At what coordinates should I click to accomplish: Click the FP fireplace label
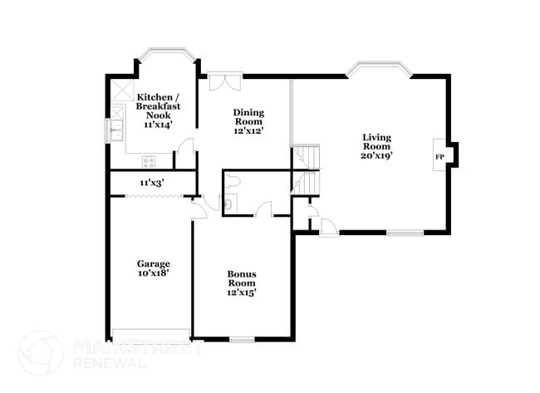[x=439, y=157]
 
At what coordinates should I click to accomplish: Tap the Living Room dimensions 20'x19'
[x=376, y=155]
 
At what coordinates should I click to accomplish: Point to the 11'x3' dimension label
[x=151, y=182]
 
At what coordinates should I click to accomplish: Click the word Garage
[x=154, y=263]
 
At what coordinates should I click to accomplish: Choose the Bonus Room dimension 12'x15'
[x=242, y=292]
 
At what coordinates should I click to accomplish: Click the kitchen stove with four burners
[x=149, y=163]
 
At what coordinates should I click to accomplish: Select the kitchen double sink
[x=115, y=130]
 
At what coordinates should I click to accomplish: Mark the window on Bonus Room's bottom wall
[x=242, y=339]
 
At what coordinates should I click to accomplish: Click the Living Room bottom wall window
[x=405, y=233]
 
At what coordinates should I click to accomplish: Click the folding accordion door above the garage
[x=151, y=196]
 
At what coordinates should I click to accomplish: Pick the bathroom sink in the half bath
[x=229, y=201]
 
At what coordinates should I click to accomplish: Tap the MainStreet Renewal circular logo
[x=40, y=352]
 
